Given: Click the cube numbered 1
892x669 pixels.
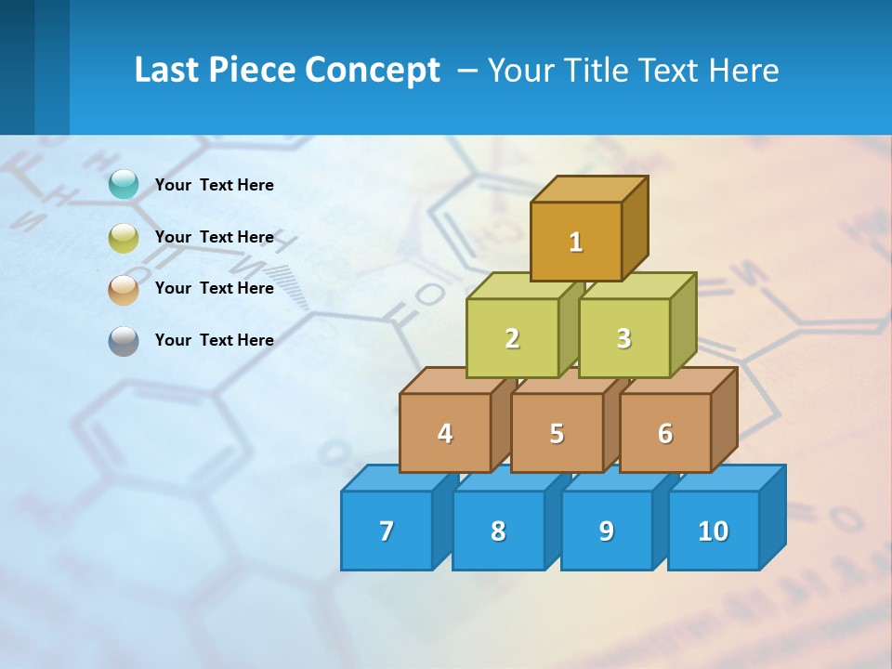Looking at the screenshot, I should coord(576,241).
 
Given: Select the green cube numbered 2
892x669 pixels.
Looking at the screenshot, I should coord(512,338).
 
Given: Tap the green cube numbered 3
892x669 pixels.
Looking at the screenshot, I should coord(623,338).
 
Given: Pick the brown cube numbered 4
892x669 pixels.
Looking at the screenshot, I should coord(445,433).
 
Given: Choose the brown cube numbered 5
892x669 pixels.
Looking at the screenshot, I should coord(557,433).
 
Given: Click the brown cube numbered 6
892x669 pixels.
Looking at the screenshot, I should coord(665,433).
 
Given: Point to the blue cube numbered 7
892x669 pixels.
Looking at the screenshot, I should coord(387,531).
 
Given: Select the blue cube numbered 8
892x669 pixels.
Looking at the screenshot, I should coord(498,531).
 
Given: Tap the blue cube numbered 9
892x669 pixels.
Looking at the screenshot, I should coord(607,531).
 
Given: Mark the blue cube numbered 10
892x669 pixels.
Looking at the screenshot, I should coord(714,531).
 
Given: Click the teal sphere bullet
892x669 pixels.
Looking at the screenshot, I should coord(124,185).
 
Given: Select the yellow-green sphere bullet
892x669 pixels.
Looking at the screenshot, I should coord(124,238).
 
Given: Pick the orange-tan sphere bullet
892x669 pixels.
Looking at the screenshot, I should coord(124,289).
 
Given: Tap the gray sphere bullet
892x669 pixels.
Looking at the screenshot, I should coord(124,341).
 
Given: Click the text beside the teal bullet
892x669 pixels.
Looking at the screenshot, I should coord(215,185).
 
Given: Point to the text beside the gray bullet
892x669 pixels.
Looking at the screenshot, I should coord(215,340).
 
